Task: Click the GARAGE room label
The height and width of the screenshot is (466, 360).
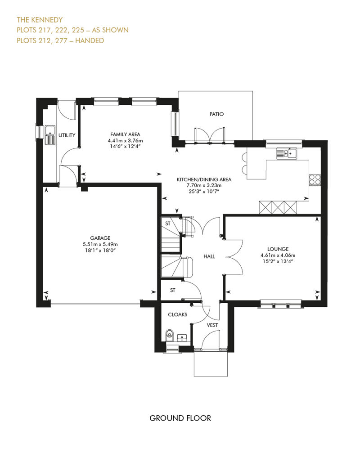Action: (x=100, y=238)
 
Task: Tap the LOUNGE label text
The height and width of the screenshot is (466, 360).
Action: (x=278, y=249)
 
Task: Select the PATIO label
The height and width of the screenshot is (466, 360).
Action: (x=216, y=114)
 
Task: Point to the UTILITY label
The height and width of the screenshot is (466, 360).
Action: (x=67, y=135)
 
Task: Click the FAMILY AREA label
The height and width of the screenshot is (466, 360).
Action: (x=125, y=134)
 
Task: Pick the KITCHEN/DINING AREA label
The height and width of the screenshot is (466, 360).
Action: (x=204, y=179)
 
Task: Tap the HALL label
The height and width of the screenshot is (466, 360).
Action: (x=209, y=256)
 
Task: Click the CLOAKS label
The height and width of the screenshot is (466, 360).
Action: (x=177, y=314)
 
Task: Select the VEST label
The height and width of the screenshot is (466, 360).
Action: (x=212, y=325)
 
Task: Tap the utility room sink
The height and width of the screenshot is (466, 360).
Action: (x=50, y=135)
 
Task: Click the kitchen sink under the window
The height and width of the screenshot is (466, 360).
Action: (x=287, y=153)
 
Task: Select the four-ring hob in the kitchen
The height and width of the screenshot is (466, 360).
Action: (x=315, y=179)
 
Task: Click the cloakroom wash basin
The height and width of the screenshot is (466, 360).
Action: (x=182, y=337)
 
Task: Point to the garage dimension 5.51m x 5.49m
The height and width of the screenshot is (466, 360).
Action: (x=100, y=244)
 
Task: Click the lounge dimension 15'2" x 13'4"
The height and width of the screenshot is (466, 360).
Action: (x=278, y=261)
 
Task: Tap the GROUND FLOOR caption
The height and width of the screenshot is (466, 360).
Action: (x=180, y=418)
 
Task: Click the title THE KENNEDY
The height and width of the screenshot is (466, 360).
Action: (x=40, y=20)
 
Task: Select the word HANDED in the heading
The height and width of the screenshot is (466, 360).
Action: (x=90, y=40)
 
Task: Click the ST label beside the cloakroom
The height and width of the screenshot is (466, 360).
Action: (x=173, y=290)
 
